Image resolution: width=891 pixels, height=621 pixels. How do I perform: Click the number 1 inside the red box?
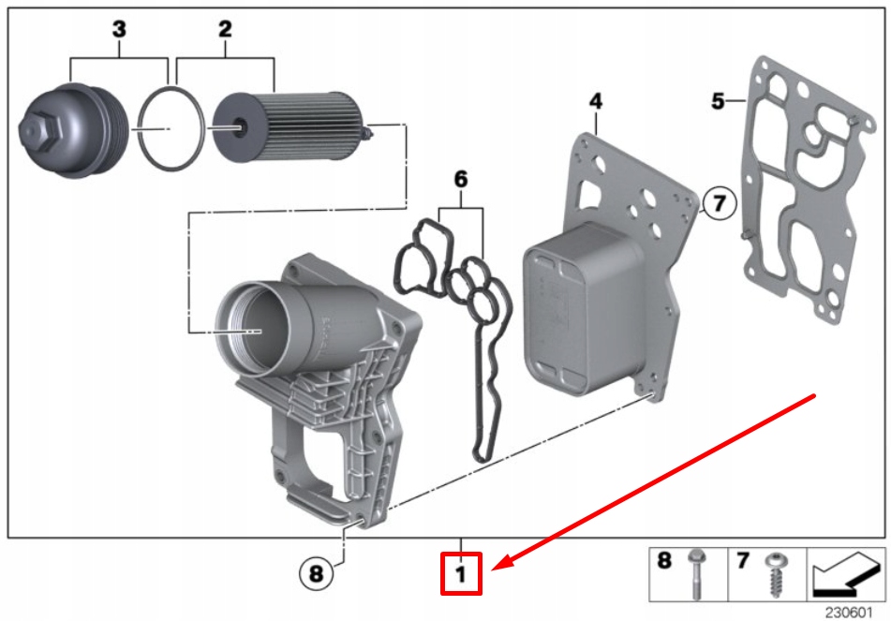tap(461, 573)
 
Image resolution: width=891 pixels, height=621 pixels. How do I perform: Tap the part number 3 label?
tap(119, 30)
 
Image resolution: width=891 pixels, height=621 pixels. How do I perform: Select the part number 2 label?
tap(225, 30)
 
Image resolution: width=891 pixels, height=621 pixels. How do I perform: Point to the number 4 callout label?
tap(596, 100)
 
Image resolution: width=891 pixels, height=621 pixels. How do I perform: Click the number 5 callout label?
tap(718, 100)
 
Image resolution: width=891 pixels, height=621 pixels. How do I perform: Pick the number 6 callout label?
tap(460, 177)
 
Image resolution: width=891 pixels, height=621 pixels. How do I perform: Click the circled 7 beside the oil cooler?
tap(720, 202)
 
